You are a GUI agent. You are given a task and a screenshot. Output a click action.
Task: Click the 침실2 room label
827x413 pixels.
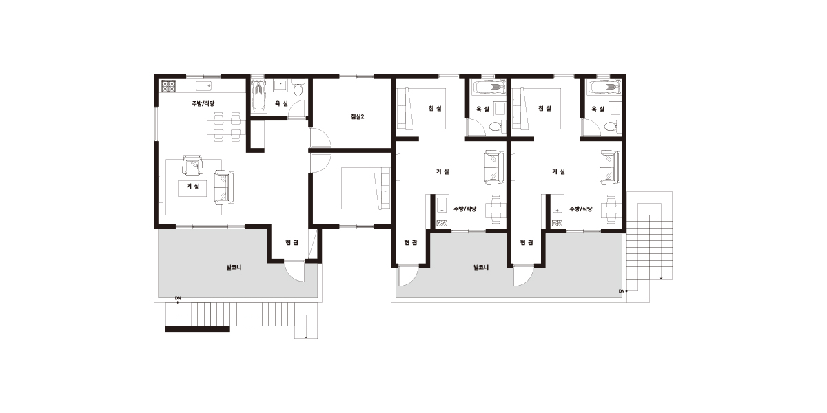click(x=357, y=116)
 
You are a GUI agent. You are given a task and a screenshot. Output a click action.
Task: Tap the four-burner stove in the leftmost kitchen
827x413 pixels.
click(x=168, y=86)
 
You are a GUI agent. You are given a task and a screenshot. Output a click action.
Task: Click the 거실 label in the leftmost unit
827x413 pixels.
click(x=193, y=187)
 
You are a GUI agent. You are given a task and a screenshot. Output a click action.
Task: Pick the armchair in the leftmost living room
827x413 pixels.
click(x=193, y=165)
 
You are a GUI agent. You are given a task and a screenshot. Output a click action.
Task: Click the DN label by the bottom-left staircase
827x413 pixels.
click(x=178, y=298)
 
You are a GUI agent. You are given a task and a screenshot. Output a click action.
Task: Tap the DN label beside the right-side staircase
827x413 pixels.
click(x=622, y=291)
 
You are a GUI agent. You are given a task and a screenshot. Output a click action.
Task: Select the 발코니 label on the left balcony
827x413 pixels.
click(x=234, y=267)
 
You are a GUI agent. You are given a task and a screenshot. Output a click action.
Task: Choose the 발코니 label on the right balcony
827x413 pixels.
click(x=481, y=267)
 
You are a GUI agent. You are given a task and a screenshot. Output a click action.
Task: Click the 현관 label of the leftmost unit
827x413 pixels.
click(x=292, y=242)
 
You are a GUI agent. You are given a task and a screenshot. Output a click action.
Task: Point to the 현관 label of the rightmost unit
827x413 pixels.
click(x=527, y=242)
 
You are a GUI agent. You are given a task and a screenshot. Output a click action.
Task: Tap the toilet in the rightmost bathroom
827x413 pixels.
click(x=611, y=127)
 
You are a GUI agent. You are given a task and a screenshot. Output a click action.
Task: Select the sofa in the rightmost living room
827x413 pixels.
click(x=610, y=167)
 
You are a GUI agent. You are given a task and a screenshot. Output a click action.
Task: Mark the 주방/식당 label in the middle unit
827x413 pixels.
click(x=464, y=209)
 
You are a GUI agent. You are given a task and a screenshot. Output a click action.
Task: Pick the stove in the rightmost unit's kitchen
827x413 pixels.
click(x=558, y=223)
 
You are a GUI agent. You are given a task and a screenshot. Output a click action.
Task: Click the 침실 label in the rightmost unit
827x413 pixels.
click(x=545, y=108)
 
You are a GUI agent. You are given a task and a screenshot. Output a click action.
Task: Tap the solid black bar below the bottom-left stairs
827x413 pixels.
click(x=198, y=329)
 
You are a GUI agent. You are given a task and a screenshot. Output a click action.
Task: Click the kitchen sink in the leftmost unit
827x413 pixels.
click(x=203, y=86)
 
